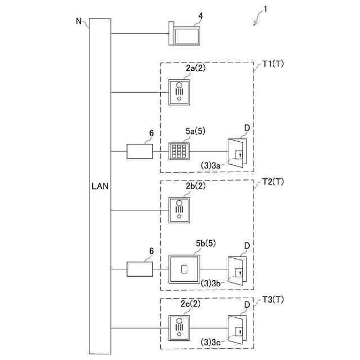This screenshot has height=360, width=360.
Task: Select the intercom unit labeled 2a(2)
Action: pos(180,92)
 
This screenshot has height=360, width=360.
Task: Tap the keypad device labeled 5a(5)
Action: pos(180,151)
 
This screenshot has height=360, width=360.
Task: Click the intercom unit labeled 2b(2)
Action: pos(180,210)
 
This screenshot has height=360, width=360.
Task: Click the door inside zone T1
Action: pos(236,152)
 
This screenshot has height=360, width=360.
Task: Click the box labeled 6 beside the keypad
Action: pos(140,151)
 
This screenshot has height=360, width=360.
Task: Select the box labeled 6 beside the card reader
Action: pos(140,269)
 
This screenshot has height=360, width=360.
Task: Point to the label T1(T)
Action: pos(273,65)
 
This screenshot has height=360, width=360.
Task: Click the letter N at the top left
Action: pos(79,21)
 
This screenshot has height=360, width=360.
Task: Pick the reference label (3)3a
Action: pos(213,164)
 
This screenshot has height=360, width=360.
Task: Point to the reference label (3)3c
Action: pos(213,341)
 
